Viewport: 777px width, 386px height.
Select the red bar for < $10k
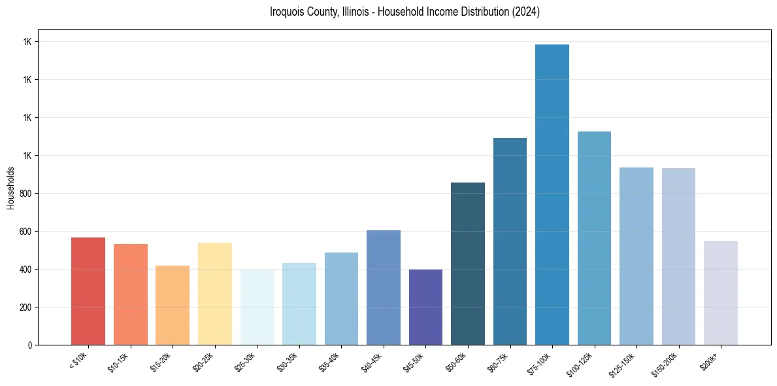pos(88,291)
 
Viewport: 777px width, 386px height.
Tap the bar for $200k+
pos(721,292)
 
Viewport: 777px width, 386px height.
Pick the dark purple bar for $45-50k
pos(425,307)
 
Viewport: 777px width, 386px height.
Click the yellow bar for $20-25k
pos(215,294)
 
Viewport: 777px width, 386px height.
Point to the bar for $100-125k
pos(594,238)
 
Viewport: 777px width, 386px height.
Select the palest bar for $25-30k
pos(257,307)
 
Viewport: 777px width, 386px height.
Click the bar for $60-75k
pos(510,241)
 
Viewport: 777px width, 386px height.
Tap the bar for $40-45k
pos(384,287)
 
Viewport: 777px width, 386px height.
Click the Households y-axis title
pos(11,188)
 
